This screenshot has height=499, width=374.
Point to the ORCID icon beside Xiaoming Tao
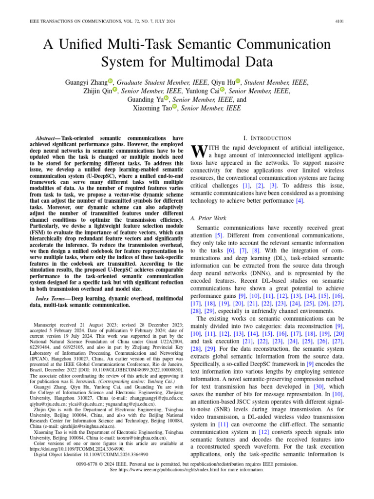[174, 107]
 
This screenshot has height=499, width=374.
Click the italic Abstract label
[47, 138]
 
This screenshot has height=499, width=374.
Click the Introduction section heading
[270, 138]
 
